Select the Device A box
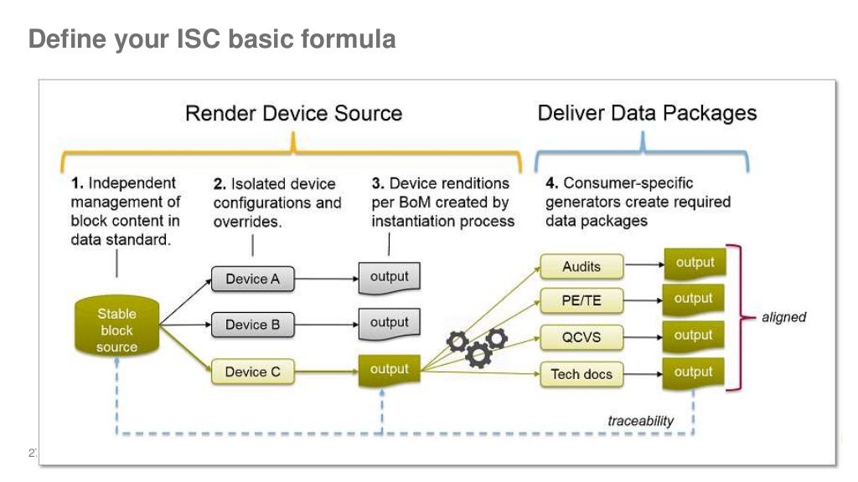pyautogui.click(x=252, y=279)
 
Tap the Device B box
pyautogui.click(x=252, y=325)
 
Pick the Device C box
pyautogui.click(x=252, y=372)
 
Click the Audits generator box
pyautogui.click(x=581, y=267)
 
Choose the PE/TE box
pyautogui.click(x=581, y=302)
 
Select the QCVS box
pyautogui.click(x=581, y=337)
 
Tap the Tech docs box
pyautogui.click(x=581, y=374)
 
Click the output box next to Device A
pyautogui.click(x=389, y=278)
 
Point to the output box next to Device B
pyautogui.click(x=389, y=323)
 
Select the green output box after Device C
pyautogui.click(x=389, y=370)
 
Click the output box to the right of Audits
pyautogui.click(x=694, y=263)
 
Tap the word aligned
pyautogui.click(x=783, y=317)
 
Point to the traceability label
pyautogui.click(x=640, y=421)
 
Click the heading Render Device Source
pyautogui.click(x=293, y=114)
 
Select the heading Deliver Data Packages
pyautogui.click(x=647, y=113)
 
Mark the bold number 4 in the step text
pyautogui.click(x=550, y=182)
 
